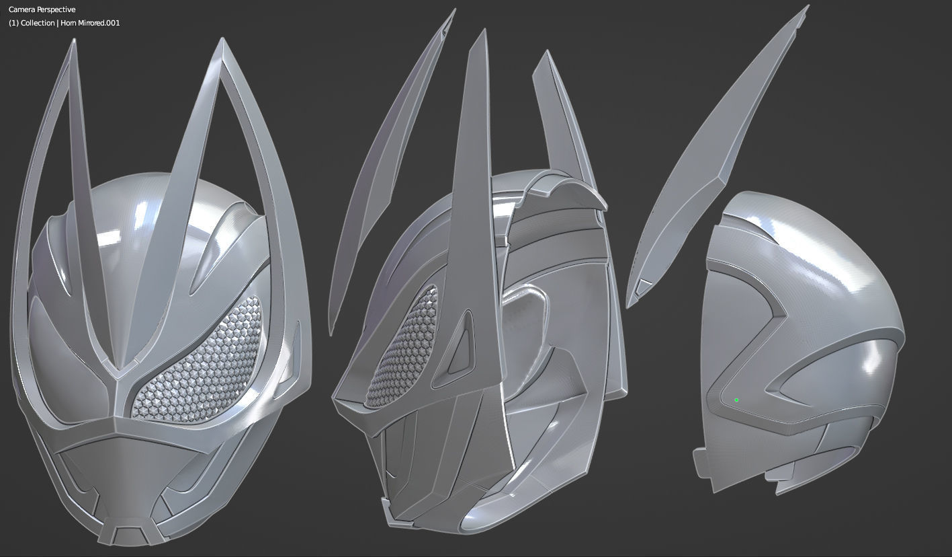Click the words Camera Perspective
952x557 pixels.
click(42, 10)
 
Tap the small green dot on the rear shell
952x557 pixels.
click(736, 400)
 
